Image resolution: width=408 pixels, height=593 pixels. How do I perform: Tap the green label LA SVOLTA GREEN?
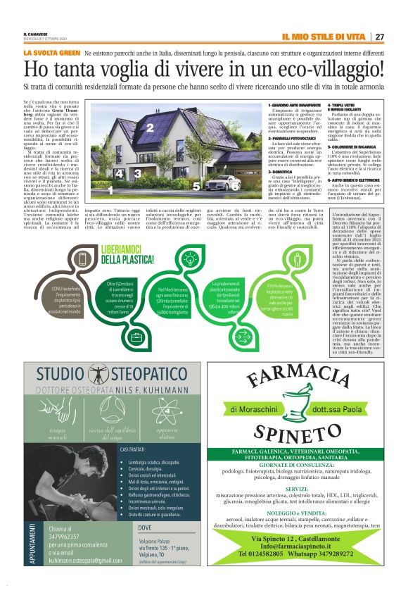tap(51, 53)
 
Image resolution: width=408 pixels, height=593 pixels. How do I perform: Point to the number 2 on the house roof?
tap(150, 127)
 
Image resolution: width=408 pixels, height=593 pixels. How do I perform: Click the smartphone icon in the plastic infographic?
tap(83, 258)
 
